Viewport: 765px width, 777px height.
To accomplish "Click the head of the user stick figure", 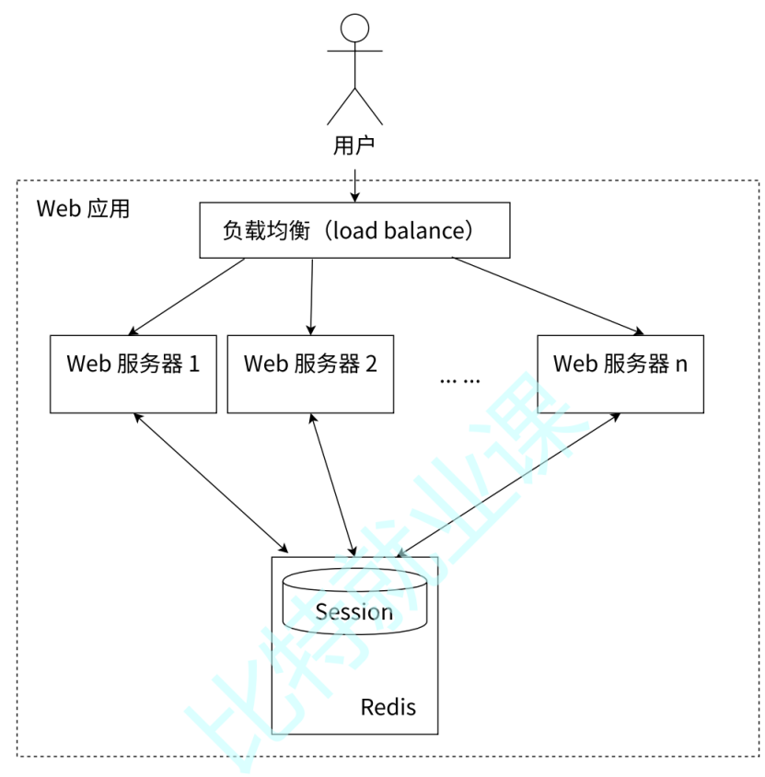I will (x=354, y=29).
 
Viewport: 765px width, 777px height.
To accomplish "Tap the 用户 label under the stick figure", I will (x=354, y=145).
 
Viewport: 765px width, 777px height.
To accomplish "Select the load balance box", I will (x=354, y=230).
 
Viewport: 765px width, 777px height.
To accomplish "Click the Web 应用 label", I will (x=83, y=208).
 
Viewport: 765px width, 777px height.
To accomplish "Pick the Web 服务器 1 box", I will (x=133, y=373).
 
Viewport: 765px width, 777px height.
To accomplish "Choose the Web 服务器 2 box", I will (x=310, y=373).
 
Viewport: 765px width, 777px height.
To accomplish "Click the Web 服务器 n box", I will (x=620, y=373).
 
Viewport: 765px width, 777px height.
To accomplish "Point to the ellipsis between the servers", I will (x=459, y=379).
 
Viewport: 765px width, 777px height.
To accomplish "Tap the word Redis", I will (x=388, y=707).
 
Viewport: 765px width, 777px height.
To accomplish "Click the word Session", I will (x=354, y=612).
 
